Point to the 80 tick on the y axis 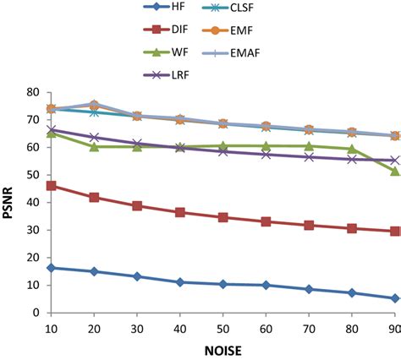34,91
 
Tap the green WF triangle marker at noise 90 394,171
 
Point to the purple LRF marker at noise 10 51,129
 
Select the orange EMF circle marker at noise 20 94,106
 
